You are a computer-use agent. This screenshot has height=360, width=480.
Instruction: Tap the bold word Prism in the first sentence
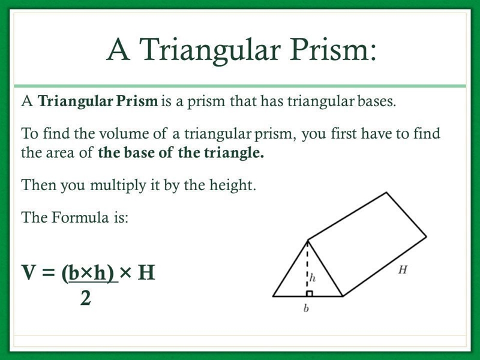(137, 101)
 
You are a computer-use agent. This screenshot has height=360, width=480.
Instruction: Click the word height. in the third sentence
(232, 185)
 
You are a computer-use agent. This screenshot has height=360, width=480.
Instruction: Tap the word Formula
(80, 217)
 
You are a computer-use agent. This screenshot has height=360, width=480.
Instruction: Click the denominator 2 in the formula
(86, 298)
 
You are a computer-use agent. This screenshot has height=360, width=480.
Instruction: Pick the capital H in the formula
(146, 272)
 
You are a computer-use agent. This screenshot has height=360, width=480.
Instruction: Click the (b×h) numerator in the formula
(90, 274)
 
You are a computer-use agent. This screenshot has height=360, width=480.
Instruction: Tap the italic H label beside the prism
(403, 269)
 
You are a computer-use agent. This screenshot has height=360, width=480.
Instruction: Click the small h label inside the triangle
(312, 278)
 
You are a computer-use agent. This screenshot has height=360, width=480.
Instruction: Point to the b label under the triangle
(306, 308)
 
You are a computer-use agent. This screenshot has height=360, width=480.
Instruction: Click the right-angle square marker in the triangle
(310, 293)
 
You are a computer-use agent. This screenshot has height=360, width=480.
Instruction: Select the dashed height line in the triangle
(307, 268)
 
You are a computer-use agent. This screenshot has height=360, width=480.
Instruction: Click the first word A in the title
(118, 50)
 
